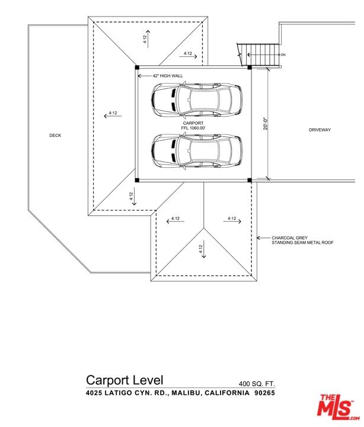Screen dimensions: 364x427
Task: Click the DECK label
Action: [x=55, y=135]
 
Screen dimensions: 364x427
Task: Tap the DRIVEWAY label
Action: [x=320, y=130]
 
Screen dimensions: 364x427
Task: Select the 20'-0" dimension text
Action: [x=266, y=123]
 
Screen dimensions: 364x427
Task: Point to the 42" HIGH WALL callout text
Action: [x=167, y=76]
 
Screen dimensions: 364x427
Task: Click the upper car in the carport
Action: [x=197, y=99]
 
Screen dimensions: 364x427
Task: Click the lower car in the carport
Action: [x=197, y=151]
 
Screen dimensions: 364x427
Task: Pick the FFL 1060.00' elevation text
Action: [x=193, y=128]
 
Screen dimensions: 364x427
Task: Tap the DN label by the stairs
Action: [x=283, y=55]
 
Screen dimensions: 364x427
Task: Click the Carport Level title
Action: [x=124, y=380]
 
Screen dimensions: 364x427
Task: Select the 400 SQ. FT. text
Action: [x=257, y=384]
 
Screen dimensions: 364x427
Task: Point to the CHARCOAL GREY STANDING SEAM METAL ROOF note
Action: [x=302, y=240]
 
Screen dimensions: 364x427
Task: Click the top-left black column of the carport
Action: [x=137, y=67]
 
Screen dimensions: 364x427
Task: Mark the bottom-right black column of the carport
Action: [x=250, y=180]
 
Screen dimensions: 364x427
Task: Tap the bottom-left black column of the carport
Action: [x=137, y=180]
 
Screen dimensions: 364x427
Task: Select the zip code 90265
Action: [x=264, y=393]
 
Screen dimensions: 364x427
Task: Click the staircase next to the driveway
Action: [x=258, y=55]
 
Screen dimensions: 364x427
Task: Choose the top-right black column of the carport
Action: [x=250, y=67]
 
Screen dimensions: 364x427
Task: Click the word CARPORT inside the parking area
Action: [x=193, y=123]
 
